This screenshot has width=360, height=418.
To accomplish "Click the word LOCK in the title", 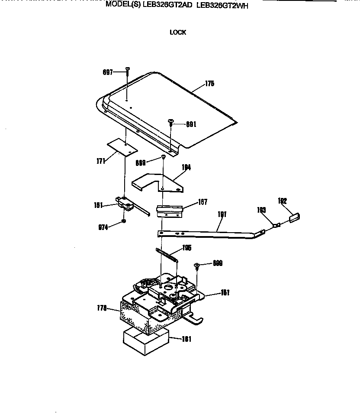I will (178, 32).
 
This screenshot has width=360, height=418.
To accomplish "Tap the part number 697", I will (108, 72).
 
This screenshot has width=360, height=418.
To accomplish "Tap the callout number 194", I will (186, 167).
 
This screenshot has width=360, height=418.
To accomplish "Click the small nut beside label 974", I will (124, 221).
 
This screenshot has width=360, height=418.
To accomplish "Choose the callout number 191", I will (222, 214).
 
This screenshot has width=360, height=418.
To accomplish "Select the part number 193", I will (262, 210).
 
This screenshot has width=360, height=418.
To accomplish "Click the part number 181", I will (186, 339).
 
